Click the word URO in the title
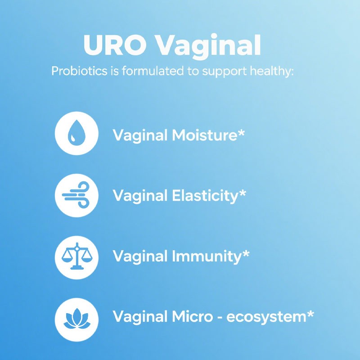click(x=114, y=45)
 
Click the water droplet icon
click(x=76, y=134)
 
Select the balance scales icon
click(x=76, y=256)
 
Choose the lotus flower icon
click(x=76, y=317)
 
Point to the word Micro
click(x=192, y=316)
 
